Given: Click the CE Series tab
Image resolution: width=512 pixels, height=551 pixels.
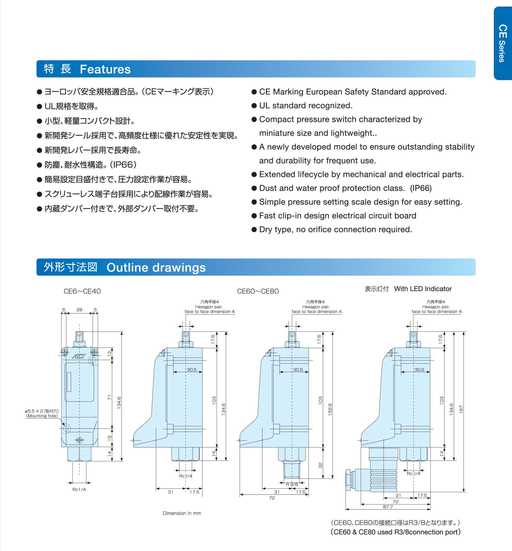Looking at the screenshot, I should (503, 43).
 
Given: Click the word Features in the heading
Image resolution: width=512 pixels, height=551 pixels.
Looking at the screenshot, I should (105, 69).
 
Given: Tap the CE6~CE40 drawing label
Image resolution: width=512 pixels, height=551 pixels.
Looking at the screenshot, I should (82, 291).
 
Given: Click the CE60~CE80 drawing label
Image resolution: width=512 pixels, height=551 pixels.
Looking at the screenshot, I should (258, 291).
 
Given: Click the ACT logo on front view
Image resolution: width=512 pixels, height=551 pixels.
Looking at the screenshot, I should (79, 356).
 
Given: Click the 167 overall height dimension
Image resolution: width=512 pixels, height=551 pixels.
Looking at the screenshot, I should (461, 409).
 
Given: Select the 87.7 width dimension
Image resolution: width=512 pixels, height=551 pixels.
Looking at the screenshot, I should (388, 507).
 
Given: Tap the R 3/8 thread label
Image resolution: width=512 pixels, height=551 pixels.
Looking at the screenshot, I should (292, 484).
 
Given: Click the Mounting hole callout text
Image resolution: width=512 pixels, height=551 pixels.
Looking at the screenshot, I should (42, 416).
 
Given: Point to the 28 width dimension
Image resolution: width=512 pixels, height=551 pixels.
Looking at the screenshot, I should (79, 310).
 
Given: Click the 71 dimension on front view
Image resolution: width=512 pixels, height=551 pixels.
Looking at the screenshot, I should (109, 397).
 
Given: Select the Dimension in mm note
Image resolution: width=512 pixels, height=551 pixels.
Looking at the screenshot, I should (182, 513).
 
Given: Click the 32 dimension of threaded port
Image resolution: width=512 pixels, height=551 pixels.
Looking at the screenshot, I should (320, 465).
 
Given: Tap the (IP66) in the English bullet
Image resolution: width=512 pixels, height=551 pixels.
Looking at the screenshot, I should (420, 188).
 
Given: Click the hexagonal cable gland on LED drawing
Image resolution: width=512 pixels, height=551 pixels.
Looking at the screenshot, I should (349, 480).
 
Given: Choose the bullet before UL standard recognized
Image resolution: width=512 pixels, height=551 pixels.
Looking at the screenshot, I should (254, 106).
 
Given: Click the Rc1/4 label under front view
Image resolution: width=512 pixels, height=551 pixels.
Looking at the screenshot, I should (79, 489).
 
